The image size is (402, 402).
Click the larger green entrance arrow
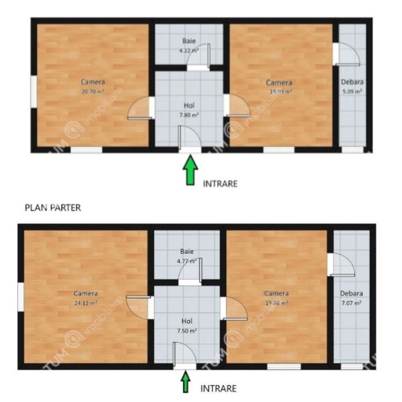tap(190, 171)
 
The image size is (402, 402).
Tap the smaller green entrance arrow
tap(185, 381)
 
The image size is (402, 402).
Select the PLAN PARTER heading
tap(52, 208)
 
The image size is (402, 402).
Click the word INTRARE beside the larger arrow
tap(220, 183)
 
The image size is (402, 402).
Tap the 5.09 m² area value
tap(351, 91)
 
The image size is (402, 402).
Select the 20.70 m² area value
tap(93, 91)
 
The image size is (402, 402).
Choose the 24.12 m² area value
tap(85, 303)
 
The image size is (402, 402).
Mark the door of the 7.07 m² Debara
tap(342, 265)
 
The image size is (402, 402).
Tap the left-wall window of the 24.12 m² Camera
tap(21, 297)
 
